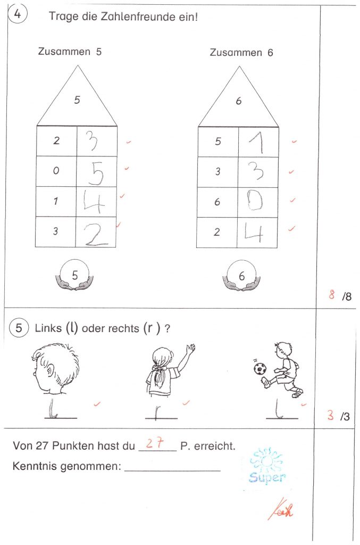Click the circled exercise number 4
(x=18, y=15)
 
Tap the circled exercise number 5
(x=19, y=328)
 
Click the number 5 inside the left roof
(x=77, y=100)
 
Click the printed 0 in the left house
(x=56, y=171)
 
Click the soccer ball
(x=260, y=368)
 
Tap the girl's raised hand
(x=190, y=349)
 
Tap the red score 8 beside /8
(x=331, y=295)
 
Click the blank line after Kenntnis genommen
(x=172, y=469)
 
